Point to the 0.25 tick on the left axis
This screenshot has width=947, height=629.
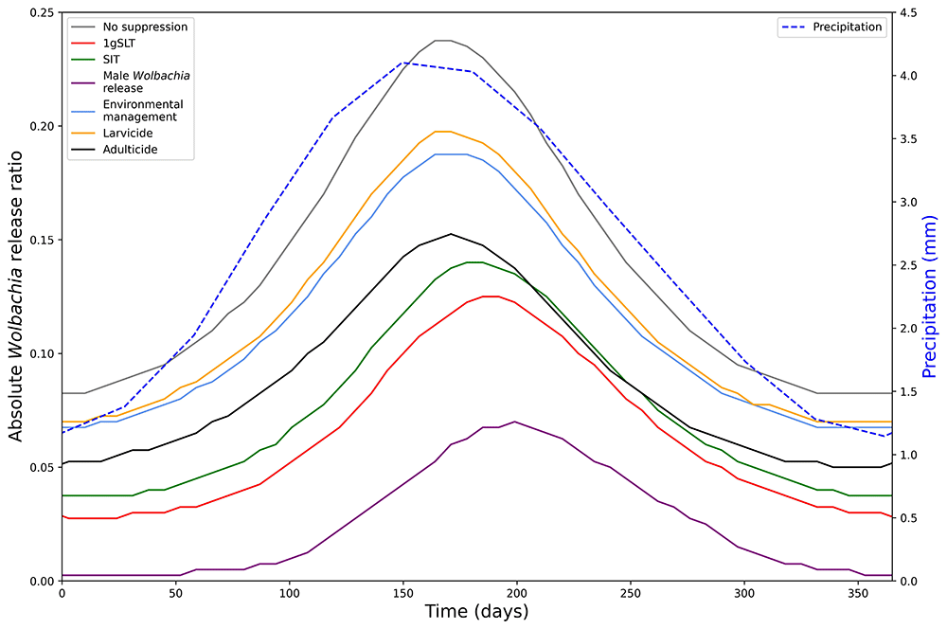coord(41,12)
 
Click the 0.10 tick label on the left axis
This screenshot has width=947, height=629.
coord(41,353)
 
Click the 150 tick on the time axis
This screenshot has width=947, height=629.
coord(402,593)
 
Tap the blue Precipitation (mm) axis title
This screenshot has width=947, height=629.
coord(929,296)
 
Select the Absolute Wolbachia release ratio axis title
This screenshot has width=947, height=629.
coord(15,296)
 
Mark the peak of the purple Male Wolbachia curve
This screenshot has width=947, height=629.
coord(514,422)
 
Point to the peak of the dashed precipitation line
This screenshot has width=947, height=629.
coord(403,63)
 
